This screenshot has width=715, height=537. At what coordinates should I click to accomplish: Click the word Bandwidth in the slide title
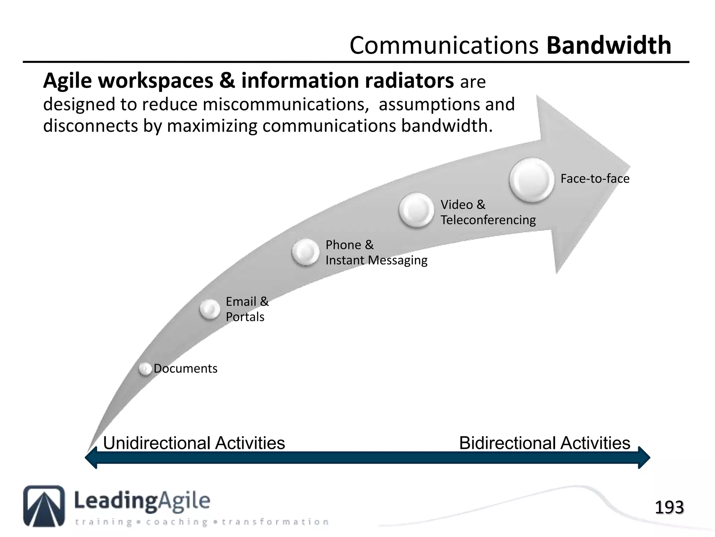[609, 45]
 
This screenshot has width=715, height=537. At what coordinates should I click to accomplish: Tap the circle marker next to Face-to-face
[531, 180]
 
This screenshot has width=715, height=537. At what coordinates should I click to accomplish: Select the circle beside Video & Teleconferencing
[416, 210]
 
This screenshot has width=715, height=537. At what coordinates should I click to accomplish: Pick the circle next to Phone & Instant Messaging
[305, 252]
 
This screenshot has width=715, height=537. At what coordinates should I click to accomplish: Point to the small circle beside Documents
[145, 369]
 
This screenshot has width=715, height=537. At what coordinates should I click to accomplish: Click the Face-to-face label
[595, 179]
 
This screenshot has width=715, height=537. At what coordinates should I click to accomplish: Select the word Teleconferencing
[488, 220]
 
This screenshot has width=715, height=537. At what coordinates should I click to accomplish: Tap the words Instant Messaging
[376, 260]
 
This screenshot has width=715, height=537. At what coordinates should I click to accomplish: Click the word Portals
[245, 317]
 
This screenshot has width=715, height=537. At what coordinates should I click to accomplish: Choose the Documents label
[185, 368]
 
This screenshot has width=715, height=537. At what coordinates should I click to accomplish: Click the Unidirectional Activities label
[194, 443]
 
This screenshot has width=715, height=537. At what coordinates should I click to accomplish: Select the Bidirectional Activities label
[544, 443]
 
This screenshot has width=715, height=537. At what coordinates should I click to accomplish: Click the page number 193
[669, 508]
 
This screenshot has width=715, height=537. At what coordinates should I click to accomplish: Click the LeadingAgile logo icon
[44, 506]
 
